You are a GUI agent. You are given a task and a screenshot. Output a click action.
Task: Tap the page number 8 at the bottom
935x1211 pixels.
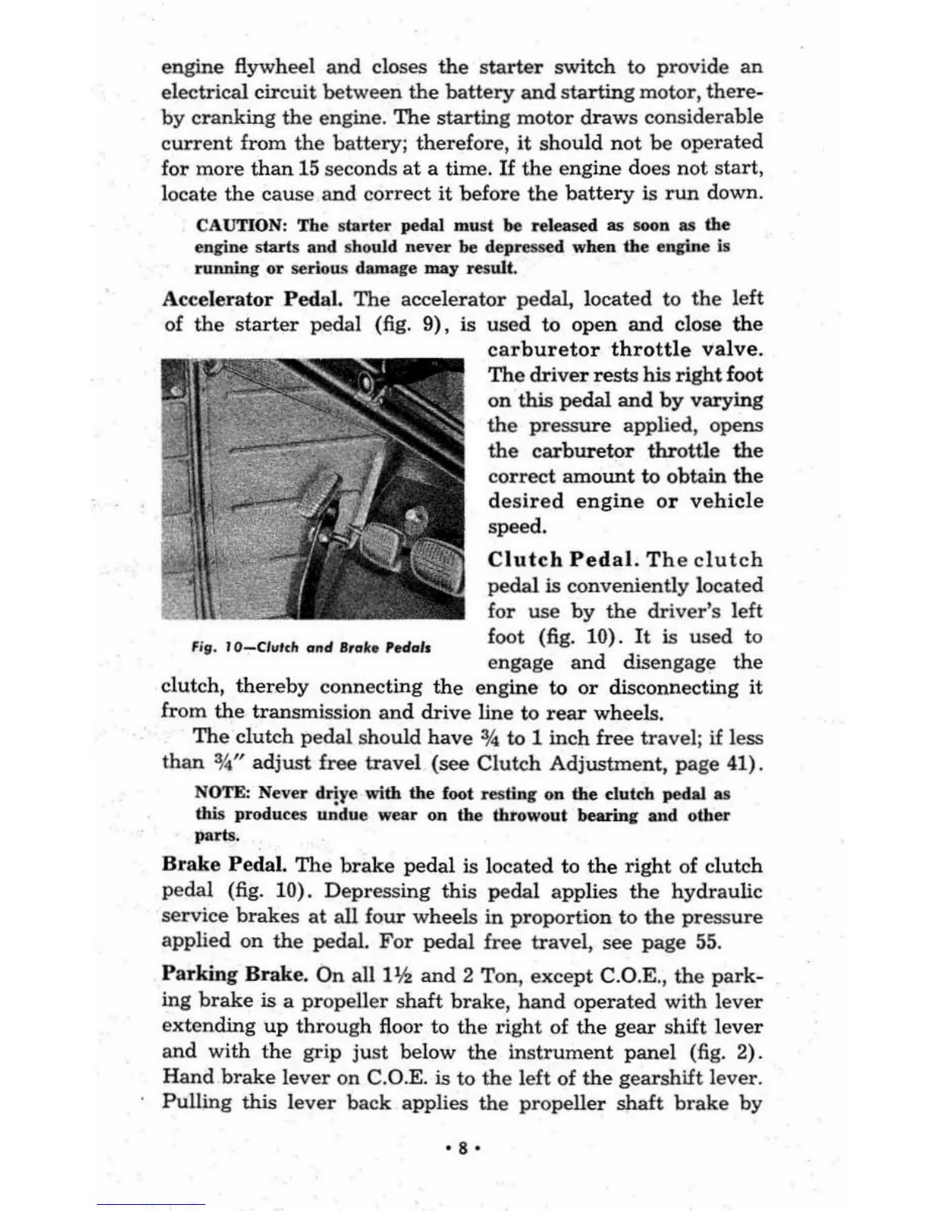(463, 1148)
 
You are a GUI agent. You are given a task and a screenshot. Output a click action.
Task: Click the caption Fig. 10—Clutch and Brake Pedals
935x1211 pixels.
(311, 648)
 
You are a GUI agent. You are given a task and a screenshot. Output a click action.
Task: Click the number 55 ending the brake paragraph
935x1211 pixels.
(708, 942)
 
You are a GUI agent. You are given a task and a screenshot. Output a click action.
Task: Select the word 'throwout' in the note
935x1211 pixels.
(531, 815)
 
